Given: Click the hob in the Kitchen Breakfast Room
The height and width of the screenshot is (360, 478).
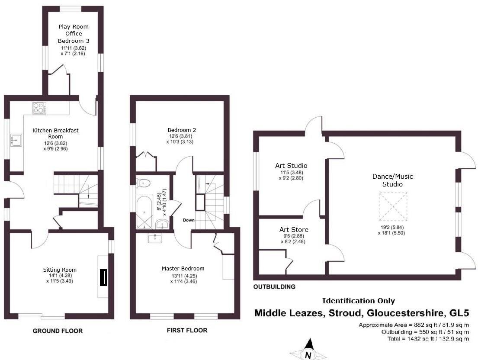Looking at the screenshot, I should point(38,107).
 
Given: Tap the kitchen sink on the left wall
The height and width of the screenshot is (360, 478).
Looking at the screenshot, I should point(16,139).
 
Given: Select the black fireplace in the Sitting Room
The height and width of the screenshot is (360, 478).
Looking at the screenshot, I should point(103,277).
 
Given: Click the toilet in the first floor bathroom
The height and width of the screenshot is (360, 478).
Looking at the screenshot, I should point(143,183).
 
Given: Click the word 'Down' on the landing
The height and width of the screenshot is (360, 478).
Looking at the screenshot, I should point(188,220).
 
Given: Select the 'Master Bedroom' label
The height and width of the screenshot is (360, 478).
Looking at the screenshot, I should point(183,269).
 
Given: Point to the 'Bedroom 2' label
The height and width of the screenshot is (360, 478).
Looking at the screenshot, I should point(182,130).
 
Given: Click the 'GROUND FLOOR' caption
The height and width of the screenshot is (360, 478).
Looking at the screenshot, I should point(58,331).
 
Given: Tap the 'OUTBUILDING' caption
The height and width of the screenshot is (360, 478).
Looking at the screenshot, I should point(275,286).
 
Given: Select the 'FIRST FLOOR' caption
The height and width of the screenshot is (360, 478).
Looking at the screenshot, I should point(187,330).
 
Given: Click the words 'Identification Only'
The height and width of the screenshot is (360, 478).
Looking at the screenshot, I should point(358,301).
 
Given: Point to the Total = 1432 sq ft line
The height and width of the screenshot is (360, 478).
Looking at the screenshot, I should point(428,339).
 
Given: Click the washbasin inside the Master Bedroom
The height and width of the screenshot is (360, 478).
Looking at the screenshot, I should point(154,237).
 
